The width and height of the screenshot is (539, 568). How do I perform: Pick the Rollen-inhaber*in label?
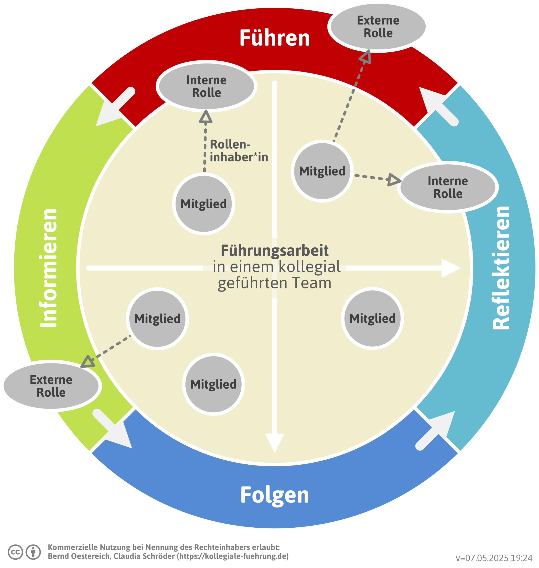pyautogui.click(x=238, y=151)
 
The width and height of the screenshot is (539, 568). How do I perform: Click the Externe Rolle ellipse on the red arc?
pyautogui.click(x=378, y=27)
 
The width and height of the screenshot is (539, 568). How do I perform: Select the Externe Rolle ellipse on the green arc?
pyautogui.click(x=51, y=386)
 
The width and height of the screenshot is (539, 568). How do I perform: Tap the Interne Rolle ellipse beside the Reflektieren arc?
pyautogui.click(x=448, y=187)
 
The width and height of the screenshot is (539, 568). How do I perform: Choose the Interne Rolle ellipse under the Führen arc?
pyautogui.click(x=206, y=86)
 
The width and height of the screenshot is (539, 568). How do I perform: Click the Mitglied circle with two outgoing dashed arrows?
pyautogui.click(x=322, y=171)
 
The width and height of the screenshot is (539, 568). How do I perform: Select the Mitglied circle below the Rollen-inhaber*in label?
pyautogui.click(x=204, y=204)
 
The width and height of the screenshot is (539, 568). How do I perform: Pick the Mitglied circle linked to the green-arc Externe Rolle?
pyautogui.click(x=157, y=319)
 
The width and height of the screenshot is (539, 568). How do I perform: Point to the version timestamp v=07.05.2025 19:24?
pyautogui.click(x=494, y=558)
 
